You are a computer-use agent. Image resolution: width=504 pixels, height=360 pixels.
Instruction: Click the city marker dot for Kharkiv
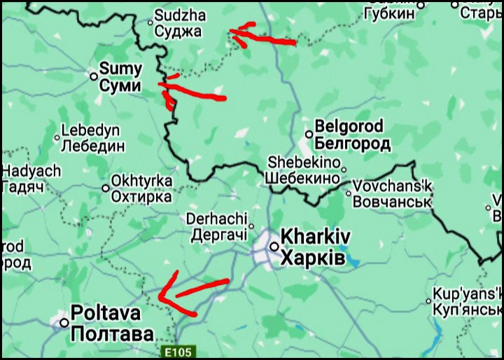point(275,247)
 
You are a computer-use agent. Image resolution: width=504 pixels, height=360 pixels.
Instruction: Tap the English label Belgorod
point(349,127)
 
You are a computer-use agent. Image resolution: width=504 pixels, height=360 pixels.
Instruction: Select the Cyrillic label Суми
point(121,87)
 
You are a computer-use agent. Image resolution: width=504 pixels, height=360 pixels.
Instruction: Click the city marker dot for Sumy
point(94,76)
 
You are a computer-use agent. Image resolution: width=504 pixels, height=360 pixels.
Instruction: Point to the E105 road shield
point(178,352)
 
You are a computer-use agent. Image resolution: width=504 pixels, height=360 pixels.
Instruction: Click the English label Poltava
point(106,313)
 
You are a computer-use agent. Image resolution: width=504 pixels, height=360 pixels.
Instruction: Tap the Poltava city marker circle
point(64,323)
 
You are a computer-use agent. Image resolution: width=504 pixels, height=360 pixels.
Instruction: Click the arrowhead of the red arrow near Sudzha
point(232,31)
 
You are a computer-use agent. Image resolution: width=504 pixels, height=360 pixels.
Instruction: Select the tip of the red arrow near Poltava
point(160,296)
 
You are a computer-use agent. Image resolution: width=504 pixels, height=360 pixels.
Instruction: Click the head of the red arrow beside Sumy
point(162,85)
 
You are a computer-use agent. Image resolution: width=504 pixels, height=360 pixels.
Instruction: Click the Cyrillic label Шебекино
point(302,179)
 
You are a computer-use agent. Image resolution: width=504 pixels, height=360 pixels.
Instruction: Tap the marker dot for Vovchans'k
point(348,194)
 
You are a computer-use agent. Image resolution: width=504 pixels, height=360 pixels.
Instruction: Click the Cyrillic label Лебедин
point(93,146)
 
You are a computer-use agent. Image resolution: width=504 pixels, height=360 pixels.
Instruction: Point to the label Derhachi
point(217,219)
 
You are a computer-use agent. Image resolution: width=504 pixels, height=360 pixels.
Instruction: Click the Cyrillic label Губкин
point(389,13)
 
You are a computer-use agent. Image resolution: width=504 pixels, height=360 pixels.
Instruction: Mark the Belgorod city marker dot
point(309,134)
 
